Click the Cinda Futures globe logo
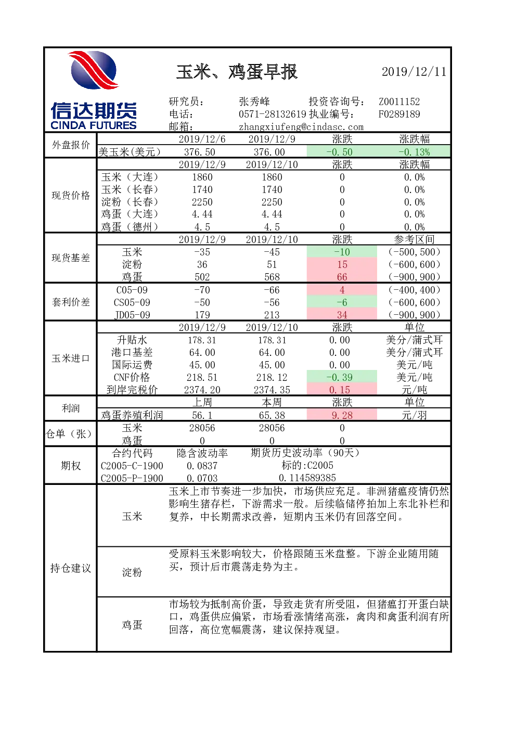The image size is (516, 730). click(x=94, y=70)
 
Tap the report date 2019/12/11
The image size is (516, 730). click(x=414, y=72)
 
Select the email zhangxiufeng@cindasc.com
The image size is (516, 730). click(x=301, y=127)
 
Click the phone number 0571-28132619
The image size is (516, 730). click(x=273, y=114)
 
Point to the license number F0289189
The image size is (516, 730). click(x=399, y=114)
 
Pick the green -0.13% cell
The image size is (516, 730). click(x=414, y=152)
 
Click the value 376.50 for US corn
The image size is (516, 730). click(x=202, y=152)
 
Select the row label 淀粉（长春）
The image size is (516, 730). click(x=130, y=202)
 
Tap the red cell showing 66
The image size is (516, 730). click(x=342, y=277)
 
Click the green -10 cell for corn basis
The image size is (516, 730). click(x=342, y=252)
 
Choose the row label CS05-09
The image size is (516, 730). click(x=132, y=302)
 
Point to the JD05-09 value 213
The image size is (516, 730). click(x=272, y=315)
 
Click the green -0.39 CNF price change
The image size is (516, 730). click(x=342, y=377)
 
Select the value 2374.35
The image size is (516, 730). click(x=272, y=390)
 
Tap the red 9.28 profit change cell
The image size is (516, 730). click(x=342, y=415)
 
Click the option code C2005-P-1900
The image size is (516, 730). click(x=132, y=478)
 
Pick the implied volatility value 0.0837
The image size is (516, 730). click(x=202, y=466)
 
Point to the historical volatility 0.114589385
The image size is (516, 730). click(x=307, y=478)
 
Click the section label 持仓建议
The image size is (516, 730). click(x=71, y=568)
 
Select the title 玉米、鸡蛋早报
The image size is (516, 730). click(x=237, y=72)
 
